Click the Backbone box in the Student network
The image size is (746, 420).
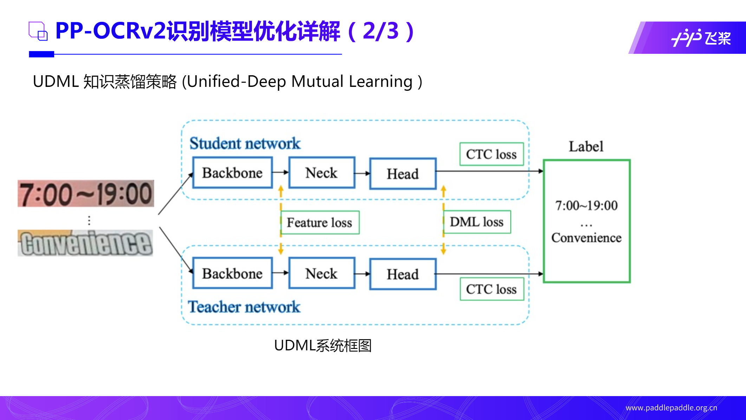click(x=232, y=173)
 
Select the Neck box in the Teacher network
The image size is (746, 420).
click(x=322, y=273)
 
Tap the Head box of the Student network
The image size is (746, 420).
click(x=403, y=174)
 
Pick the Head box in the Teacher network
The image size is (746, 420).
click(x=403, y=274)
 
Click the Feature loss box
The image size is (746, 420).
click(x=320, y=223)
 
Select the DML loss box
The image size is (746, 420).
click(x=477, y=222)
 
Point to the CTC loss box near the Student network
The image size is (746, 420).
click(x=491, y=154)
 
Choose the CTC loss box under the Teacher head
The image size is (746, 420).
click(x=492, y=289)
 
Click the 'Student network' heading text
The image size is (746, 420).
click(x=245, y=144)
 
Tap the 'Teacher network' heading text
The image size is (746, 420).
click(x=244, y=307)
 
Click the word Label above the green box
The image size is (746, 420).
click(x=586, y=146)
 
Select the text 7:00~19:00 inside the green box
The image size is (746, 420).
click(x=586, y=205)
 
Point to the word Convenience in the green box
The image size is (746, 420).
click(x=586, y=238)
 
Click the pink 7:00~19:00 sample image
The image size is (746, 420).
click(x=86, y=193)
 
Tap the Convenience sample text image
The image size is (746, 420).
click(x=85, y=243)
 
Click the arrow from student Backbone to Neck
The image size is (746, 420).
click(x=280, y=172)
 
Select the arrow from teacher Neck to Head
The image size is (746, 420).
click(x=362, y=274)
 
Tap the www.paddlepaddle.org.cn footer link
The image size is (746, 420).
click(x=671, y=408)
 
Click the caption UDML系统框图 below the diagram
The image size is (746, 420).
click(x=323, y=345)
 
